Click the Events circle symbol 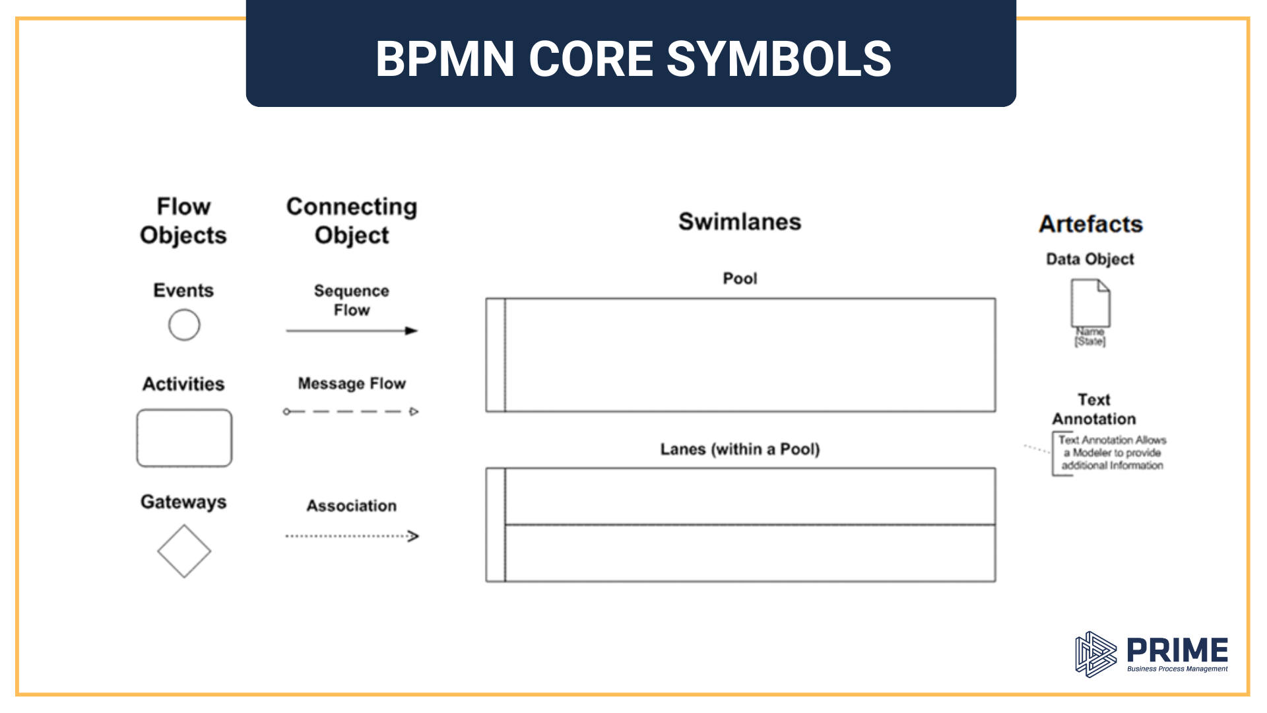(x=184, y=325)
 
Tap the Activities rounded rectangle (x=184, y=438)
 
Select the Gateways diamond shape (x=184, y=551)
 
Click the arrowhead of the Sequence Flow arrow (x=412, y=331)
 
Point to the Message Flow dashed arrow (x=351, y=411)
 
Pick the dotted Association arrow (x=351, y=536)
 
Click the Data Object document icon (x=1090, y=303)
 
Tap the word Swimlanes (x=740, y=222)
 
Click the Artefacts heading (x=1091, y=224)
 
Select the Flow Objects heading (x=183, y=221)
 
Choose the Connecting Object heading (x=352, y=221)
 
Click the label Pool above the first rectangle (x=740, y=279)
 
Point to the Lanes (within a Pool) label (x=740, y=449)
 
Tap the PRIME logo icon (x=1095, y=654)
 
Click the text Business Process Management (x=1177, y=669)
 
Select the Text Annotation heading (x=1094, y=409)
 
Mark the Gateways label (x=183, y=502)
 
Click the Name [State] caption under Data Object (x=1090, y=337)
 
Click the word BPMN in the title (x=445, y=59)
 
